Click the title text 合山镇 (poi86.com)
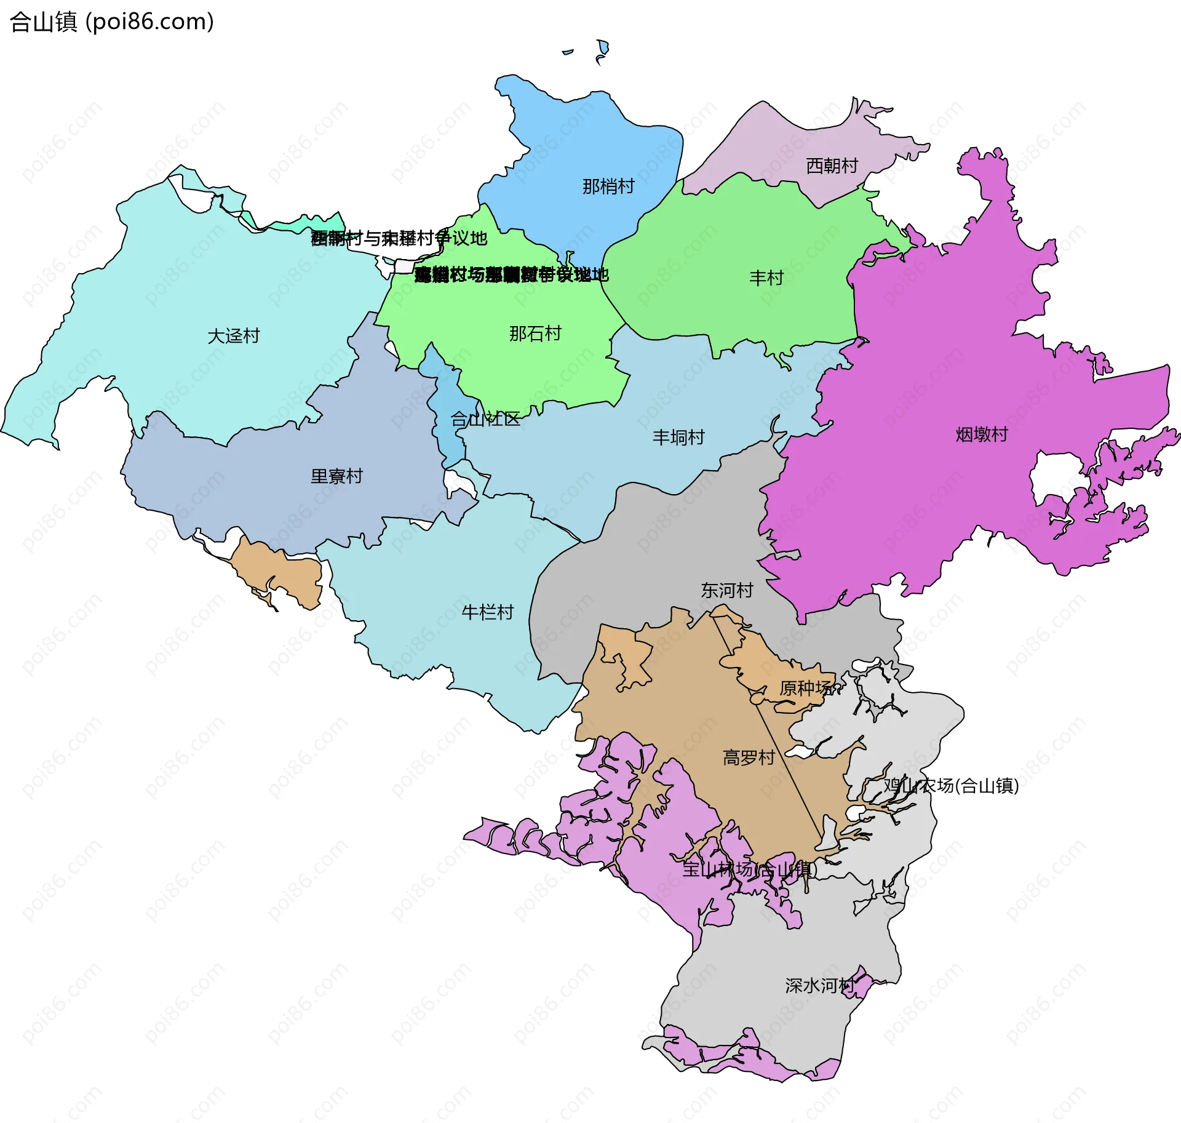pos(112,22)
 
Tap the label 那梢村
pos(608,186)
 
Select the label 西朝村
pos(832,166)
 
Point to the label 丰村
pos(766,278)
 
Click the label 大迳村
pos(234,336)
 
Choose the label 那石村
pos(535,334)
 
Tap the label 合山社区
pos(485,420)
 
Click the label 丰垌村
pos(678,438)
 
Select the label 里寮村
pos(336,476)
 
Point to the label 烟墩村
pos(982,435)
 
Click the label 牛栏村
pos(487,612)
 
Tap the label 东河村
pos(727,591)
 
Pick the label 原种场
pos(806,688)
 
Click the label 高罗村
pos(749,757)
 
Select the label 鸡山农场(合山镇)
pos(951,786)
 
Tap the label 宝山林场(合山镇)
pos(749,869)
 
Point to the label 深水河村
pos(820,986)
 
